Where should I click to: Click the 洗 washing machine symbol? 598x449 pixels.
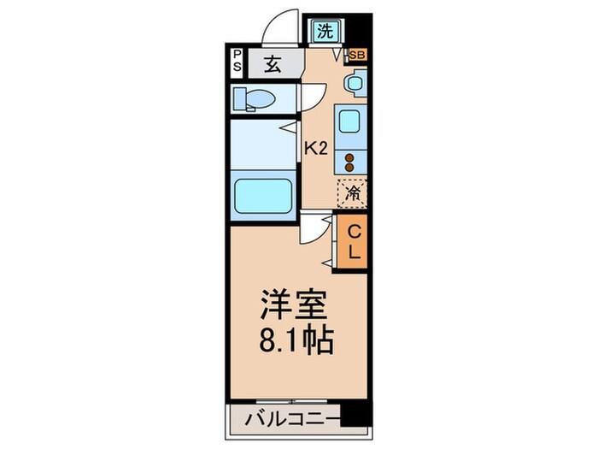click(325, 32)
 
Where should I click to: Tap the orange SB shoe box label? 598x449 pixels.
click(357, 56)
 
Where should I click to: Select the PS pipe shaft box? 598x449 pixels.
click(237, 62)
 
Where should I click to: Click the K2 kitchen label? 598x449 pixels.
click(317, 148)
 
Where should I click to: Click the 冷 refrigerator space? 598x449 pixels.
click(352, 192)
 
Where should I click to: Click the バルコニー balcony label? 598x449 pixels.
click(285, 418)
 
